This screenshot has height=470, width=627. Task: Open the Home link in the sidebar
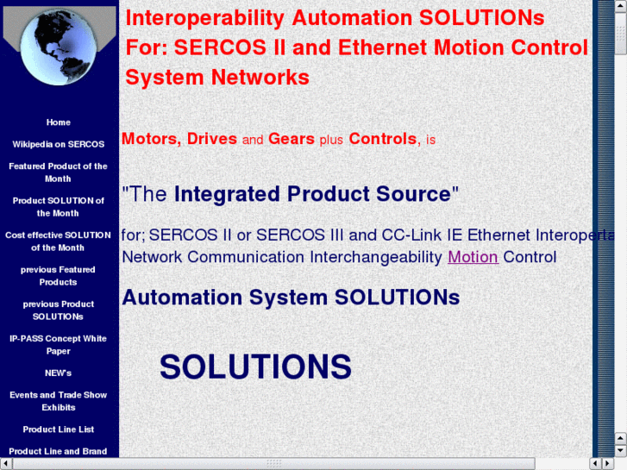(59, 122)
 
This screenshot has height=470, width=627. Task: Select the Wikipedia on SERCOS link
(59, 144)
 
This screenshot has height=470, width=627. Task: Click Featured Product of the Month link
(59, 172)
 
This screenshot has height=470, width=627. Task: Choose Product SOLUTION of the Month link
(59, 207)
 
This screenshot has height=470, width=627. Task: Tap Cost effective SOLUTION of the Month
(59, 241)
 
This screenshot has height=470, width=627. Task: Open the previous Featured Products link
(59, 276)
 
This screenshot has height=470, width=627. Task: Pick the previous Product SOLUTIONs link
(59, 310)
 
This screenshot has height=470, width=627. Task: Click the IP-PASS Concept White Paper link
(59, 345)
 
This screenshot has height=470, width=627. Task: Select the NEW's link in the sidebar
(59, 373)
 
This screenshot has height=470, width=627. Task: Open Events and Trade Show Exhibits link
(59, 401)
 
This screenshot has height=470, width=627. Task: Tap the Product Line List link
(59, 429)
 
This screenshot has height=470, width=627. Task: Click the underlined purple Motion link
(473, 257)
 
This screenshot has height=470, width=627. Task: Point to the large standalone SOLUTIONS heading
(255, 367)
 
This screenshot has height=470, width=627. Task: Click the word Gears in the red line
(292, 139)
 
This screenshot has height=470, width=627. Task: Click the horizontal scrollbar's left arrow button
(6, 464)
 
